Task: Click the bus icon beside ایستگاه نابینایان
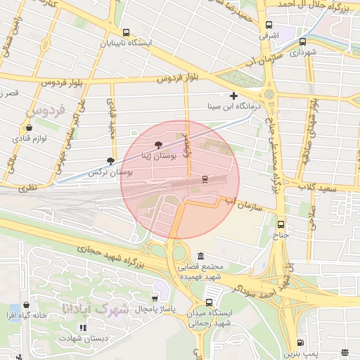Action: point(126,32)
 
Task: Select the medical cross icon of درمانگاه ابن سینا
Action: point(233,96)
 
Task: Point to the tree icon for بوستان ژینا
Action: point(157,143)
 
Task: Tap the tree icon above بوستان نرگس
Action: point(110,161)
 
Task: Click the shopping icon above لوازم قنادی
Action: point(29,128)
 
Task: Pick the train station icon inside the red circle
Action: point(205,179)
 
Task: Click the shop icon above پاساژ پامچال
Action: point(155,298)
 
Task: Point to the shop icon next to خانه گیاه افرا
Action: point(27,305)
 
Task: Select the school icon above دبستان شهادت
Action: point(82,328)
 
